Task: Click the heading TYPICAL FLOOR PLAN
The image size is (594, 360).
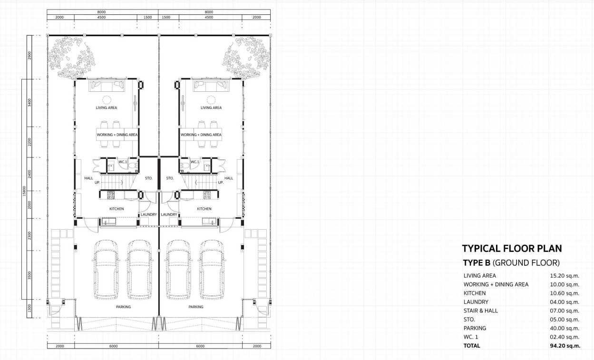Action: point(512,248)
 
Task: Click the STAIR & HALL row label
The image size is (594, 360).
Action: point(480,311)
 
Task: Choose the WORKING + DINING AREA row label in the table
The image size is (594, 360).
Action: point(496,284)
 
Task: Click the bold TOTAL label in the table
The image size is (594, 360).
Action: point(472,346)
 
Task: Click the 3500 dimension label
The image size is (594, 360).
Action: point(30,276)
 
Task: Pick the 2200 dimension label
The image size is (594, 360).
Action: point(30,141)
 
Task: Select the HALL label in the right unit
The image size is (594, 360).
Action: point(229,178)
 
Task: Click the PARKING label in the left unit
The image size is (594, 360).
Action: point(123,307)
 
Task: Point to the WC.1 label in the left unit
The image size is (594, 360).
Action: point(123,162)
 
